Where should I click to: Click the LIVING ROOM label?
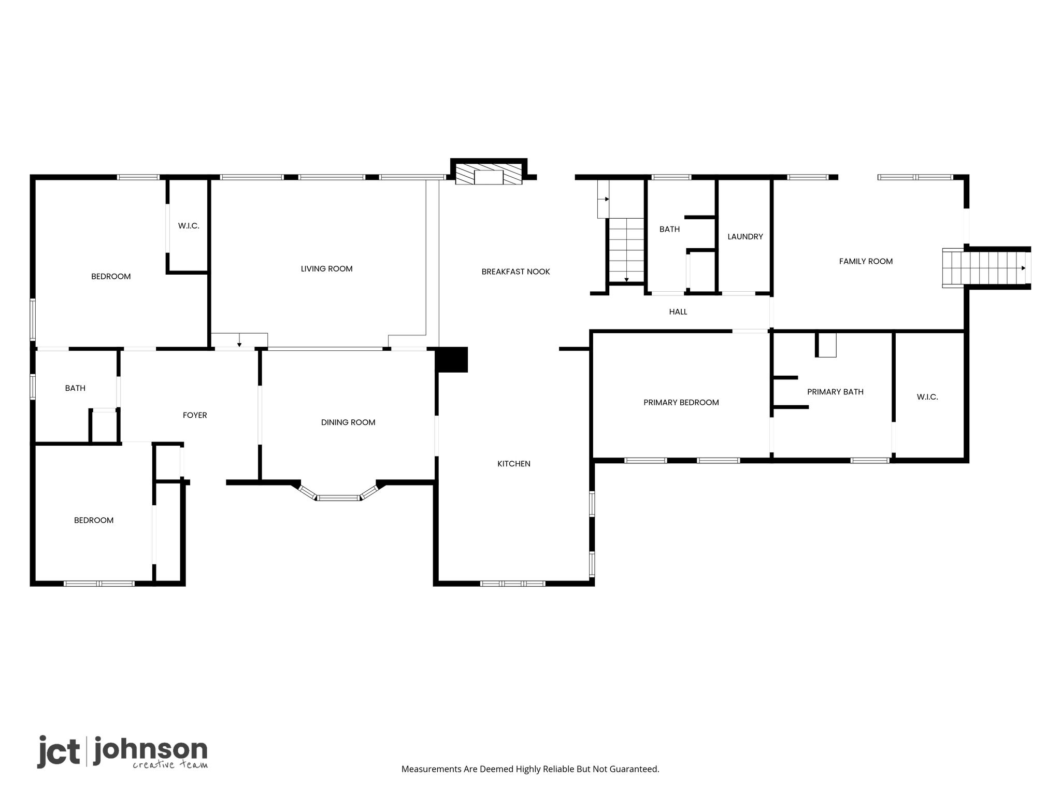coord(326,268)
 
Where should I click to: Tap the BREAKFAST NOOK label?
coord(515,272)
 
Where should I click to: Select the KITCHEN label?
coord(513,464)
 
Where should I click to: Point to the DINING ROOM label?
coord(348,422)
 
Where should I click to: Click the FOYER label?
coord(195,415)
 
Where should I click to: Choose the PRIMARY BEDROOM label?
coord(681,403)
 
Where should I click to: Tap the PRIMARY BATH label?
coord(835,392)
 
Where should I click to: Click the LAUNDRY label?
coord(745,237)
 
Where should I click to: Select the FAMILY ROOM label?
coord(866,261)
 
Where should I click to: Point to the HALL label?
coord(678,311)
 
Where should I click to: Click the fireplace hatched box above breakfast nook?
coord(489,175)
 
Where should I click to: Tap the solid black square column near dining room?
coord(451,360)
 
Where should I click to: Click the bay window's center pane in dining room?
coord(338,498)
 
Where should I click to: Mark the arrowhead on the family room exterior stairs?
coord(1023,268)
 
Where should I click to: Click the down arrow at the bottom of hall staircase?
coord(626,280)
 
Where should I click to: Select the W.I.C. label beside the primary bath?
coord(927,397)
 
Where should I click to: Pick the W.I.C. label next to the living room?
coord(189,226)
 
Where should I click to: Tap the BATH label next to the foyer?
coord(75,388)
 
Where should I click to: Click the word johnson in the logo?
coord(151,750)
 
